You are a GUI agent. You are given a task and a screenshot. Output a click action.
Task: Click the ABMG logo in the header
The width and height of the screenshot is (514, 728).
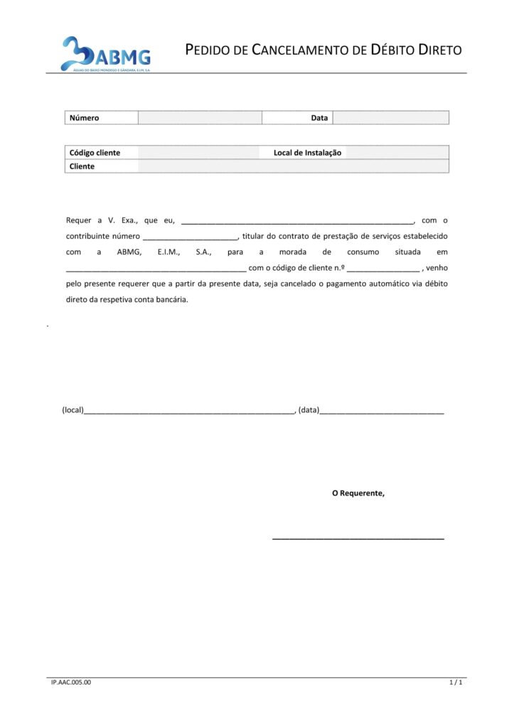tap(106, 54)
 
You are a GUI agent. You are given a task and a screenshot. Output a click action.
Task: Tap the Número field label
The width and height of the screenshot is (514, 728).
tap(84, 118)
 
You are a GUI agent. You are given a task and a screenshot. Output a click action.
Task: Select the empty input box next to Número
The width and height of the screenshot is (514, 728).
tap(200, 118)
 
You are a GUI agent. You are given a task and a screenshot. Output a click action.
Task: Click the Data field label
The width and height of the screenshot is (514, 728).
tap(319, 118)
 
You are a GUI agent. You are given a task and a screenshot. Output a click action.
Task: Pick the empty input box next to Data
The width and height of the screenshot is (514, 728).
tap(390, 118)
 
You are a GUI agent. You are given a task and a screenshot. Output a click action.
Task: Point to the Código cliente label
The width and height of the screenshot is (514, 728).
tap(95, 153)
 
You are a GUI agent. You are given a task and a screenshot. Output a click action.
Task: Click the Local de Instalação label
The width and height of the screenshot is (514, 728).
tap(307, 153)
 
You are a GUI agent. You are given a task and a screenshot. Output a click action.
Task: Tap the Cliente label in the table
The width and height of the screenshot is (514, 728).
tap(82, 166)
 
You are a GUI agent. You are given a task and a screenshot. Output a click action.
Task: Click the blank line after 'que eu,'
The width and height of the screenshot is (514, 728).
tap(297, 221)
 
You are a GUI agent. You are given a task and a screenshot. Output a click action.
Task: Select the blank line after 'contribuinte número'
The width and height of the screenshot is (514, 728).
tap(191, 237)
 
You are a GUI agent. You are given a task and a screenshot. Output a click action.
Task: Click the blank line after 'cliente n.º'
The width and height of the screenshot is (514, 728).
tap(383, 268)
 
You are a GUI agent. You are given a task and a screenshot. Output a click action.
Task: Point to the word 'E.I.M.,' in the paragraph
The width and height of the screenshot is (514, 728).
tap(168, 252)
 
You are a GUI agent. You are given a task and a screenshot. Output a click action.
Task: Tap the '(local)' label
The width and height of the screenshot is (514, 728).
tap(73, 410)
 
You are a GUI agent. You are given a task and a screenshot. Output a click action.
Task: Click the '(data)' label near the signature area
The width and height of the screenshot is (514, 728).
tap(309, 410)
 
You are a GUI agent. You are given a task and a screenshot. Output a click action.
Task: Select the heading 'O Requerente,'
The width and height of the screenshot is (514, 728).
tap(358, 493)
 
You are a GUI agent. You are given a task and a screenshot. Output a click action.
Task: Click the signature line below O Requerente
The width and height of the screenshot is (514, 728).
tap(358, 539)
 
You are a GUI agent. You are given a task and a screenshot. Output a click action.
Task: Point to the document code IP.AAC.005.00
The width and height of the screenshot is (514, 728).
tap(71, 682)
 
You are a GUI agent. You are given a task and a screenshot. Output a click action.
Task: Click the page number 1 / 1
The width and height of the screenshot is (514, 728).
tap(456, 682)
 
